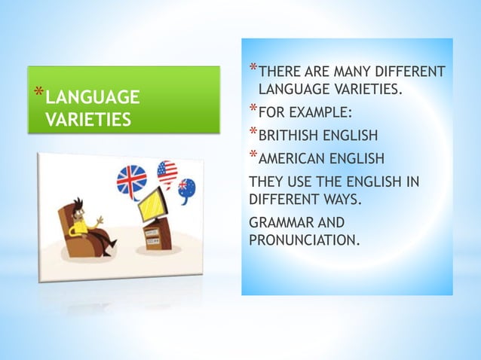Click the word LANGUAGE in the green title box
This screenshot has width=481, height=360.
coord(93,98)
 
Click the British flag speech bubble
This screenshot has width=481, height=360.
coord(131,182)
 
